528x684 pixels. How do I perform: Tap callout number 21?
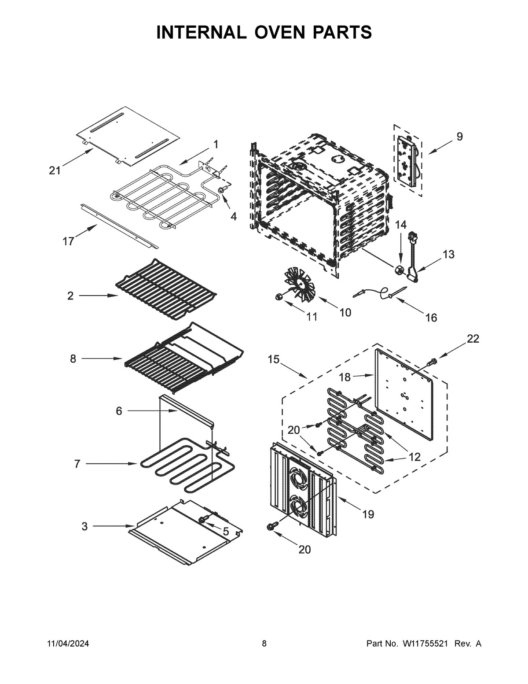tap(55, 170)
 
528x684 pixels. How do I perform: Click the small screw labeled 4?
tap(221, 189)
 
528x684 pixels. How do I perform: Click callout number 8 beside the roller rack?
tap(73, 359)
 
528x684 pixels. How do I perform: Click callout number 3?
tap(84, 526)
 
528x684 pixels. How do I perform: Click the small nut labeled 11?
tap(278, 297)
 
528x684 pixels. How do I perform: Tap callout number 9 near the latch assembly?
tap(459, 137)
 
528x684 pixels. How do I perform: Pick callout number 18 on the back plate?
tap(345, 377)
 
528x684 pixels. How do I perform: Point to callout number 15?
tap(273, 359)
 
